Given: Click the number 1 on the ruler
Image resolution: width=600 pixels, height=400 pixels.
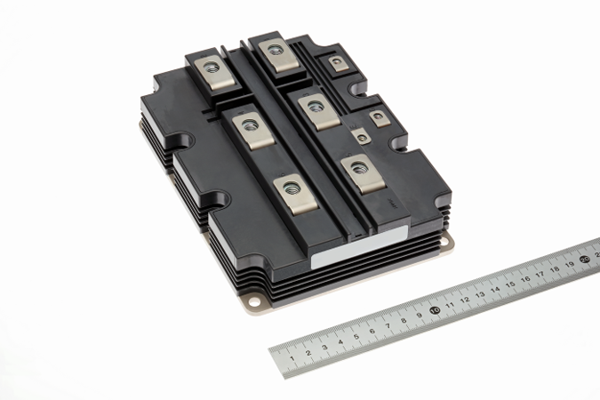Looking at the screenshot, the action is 292,358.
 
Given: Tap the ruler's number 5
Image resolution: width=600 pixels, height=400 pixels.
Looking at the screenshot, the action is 356,337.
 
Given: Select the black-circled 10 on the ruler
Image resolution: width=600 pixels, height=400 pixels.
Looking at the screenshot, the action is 435,310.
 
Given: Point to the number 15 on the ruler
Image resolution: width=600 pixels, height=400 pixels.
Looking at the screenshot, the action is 510,284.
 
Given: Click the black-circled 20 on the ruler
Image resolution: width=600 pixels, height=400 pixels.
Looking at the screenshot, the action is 585,260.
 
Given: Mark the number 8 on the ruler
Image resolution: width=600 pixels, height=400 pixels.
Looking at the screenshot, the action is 404,321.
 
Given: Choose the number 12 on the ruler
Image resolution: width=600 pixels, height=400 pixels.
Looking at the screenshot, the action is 465,300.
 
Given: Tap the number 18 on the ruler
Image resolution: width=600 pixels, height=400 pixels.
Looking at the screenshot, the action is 555,269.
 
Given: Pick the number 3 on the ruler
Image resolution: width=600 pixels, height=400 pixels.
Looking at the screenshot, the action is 324,348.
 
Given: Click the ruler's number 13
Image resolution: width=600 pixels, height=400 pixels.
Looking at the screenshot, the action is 480,295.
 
